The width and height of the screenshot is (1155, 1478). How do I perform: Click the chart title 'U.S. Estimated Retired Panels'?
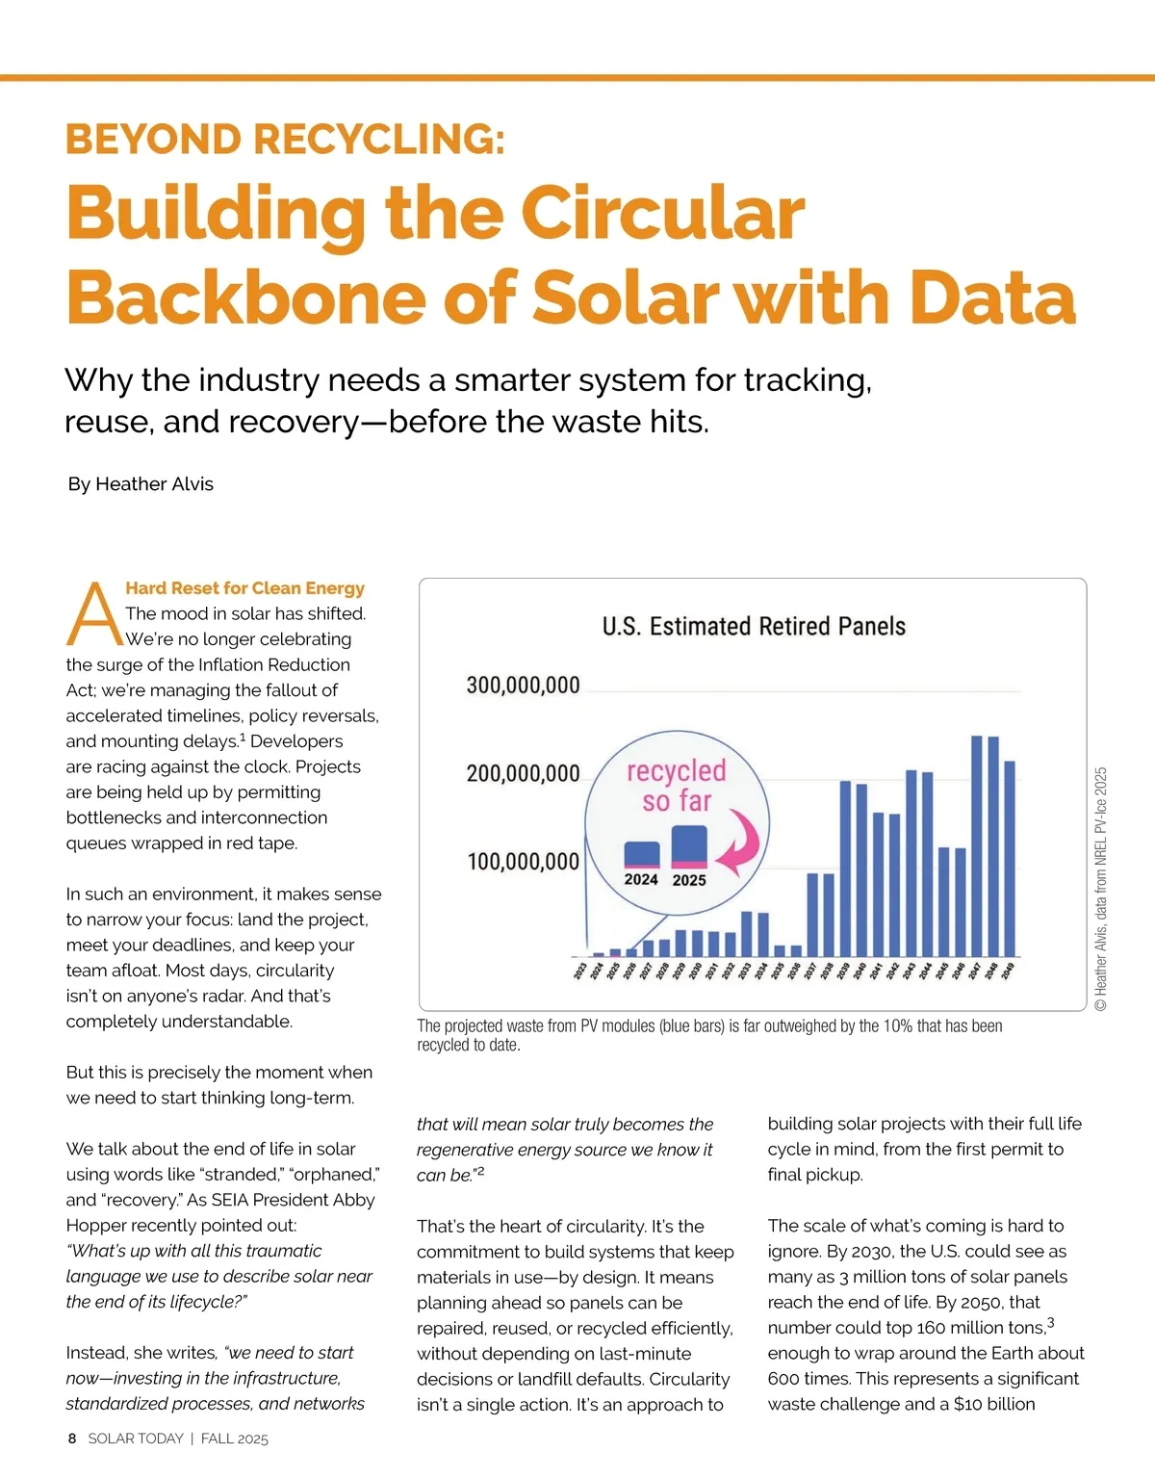pyautogui.click(x=754, y=627)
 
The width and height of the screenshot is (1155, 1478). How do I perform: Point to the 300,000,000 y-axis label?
pyautogui.click(x=523, y=686)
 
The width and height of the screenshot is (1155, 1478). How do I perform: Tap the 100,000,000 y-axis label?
pyautogui.click(x=523, y=862)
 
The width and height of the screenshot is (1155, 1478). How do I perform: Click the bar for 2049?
pyautogui.click(x=1010, y=858)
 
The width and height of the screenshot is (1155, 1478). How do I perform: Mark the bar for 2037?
pyautogui.click(x=812, y=914)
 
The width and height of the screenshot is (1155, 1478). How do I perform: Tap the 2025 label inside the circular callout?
pyautogui.click(x=689, y=880)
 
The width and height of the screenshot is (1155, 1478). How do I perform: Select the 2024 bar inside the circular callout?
pyautogui.click(x=642, y=854)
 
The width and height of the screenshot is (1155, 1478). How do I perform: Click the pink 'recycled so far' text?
pyautogui.click(x=677, y=785)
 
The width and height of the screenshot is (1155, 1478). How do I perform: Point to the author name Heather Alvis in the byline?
pyautogui.click(x=154, y=484)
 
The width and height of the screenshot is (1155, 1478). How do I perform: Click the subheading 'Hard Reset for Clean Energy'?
pyautogui.click(x=244, y=588)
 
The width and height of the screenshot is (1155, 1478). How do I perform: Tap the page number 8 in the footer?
pyautogui.click(x=72, y=1439)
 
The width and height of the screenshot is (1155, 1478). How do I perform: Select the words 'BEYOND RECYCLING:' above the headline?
pyautogui.click(x=285, y=140)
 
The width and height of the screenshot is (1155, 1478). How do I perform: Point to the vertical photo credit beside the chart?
pyautogui.click(x=1101, y=888)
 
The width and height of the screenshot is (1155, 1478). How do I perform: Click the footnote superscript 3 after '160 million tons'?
pyautogui.click(x=1051, y=1323)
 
